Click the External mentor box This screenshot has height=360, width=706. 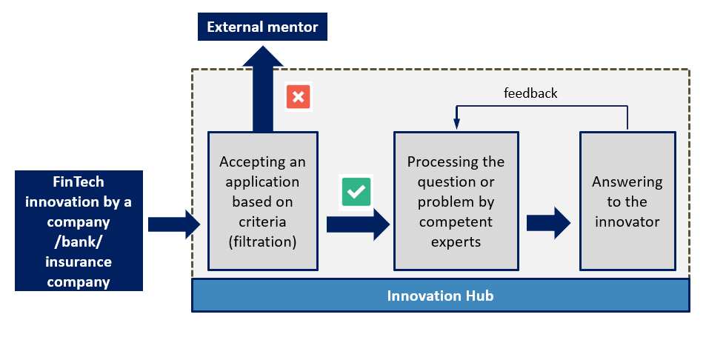pos(262,27)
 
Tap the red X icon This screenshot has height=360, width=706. pos(298,97)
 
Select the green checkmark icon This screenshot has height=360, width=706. pos(356,192)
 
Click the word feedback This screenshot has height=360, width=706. pos(530,93)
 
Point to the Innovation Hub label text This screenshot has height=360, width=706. pos(440,296)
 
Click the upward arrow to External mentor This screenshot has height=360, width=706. pos(263,89)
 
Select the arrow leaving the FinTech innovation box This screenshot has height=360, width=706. pos(174,224)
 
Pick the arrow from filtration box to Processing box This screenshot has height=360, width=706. pos(359,224)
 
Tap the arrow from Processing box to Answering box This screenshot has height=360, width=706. pos(549,223)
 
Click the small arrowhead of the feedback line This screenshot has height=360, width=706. pos(456,124)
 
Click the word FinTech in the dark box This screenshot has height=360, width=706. pos(79,181)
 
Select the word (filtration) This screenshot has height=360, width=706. pos(262,242)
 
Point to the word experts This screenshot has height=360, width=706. pos(456,242)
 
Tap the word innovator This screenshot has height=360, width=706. pos(627,221)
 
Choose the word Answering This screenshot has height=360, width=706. pos(627,182)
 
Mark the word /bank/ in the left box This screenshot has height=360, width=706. pos(79,242)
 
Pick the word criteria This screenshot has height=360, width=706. pos(262,221)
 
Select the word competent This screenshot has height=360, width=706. pos(456,222)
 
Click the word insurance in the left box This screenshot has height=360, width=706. pos(79,262)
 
